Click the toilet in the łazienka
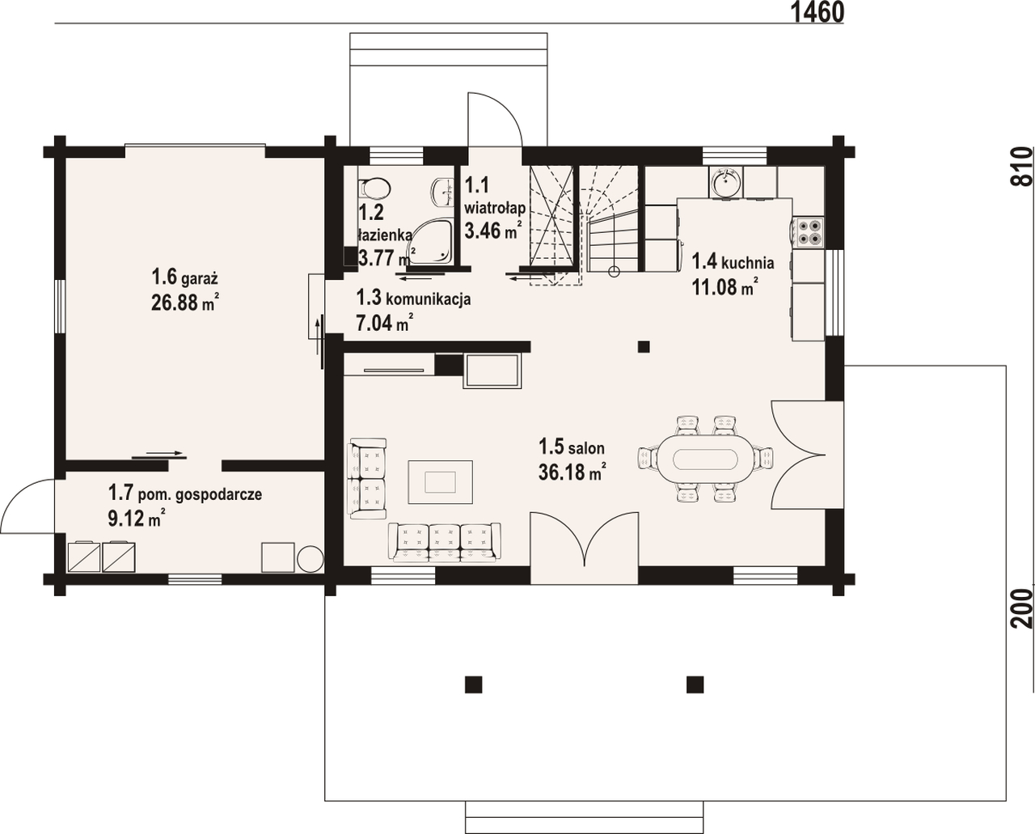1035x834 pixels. [374, 188]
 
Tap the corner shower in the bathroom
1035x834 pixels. [429, 243]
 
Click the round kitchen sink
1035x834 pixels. [726, 183]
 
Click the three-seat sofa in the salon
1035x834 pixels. [445, 542]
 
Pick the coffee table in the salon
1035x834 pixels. [440, 482]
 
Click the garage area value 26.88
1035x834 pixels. [175, 303]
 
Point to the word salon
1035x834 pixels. [586, 448]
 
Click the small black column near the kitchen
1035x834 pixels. [644, 346]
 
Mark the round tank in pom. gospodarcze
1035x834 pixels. [310, 559]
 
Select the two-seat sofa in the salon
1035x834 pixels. [368, 478]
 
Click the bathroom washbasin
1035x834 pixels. [443, 193]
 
